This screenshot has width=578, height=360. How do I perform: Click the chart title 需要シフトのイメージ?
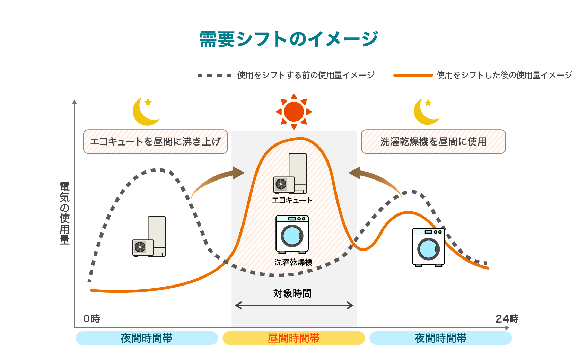[x=289, y=39]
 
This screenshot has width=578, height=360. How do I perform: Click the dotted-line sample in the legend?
[x=214, y=75]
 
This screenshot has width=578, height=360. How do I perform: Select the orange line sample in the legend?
[x=413, y=75]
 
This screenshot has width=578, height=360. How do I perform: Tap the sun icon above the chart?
[x=294, y=112]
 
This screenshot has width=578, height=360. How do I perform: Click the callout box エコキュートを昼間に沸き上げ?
[x=155, y=141]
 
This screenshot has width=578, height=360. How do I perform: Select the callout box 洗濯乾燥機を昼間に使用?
[x=433, y=141]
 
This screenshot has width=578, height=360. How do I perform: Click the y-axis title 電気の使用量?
[x=64, y=213]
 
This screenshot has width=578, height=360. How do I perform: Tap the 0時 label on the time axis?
[x=91, y=318]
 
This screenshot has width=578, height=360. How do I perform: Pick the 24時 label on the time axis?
[x=507, y=318]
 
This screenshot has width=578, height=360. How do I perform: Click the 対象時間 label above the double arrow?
[x=292, y=293]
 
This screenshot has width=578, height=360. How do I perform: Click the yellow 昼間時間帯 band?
[x=294, y=338]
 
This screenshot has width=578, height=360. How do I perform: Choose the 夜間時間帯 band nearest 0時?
[x=147, y=338]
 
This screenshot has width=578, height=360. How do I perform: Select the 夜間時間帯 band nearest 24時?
[x=440, y=338]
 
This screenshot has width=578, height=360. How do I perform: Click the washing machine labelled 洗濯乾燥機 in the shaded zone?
[x=292, y=234]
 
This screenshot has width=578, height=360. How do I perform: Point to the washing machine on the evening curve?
[x=429, y=247]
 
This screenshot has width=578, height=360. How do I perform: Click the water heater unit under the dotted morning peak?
[x=149, y=237]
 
